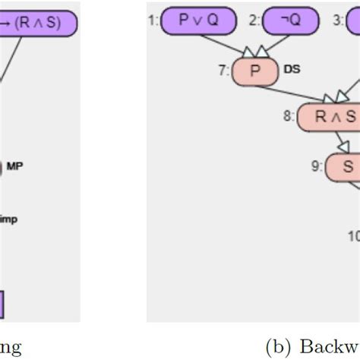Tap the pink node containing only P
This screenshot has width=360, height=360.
pos(254,73)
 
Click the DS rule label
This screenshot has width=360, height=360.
pos(291,69)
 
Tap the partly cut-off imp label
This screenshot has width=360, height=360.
pos(8,219)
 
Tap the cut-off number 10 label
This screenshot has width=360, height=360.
pos(354,235)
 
